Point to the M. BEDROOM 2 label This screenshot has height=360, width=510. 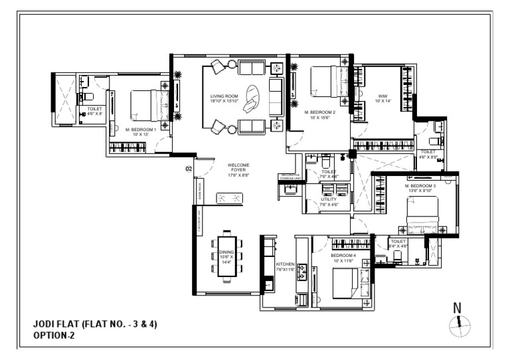320,113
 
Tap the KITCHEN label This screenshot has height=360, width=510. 286,264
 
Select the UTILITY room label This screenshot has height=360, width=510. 329,199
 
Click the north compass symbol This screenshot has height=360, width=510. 460,325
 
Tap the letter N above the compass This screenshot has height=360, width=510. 457,308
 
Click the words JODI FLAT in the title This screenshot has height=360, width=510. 56,325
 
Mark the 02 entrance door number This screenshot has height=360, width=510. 189,169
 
